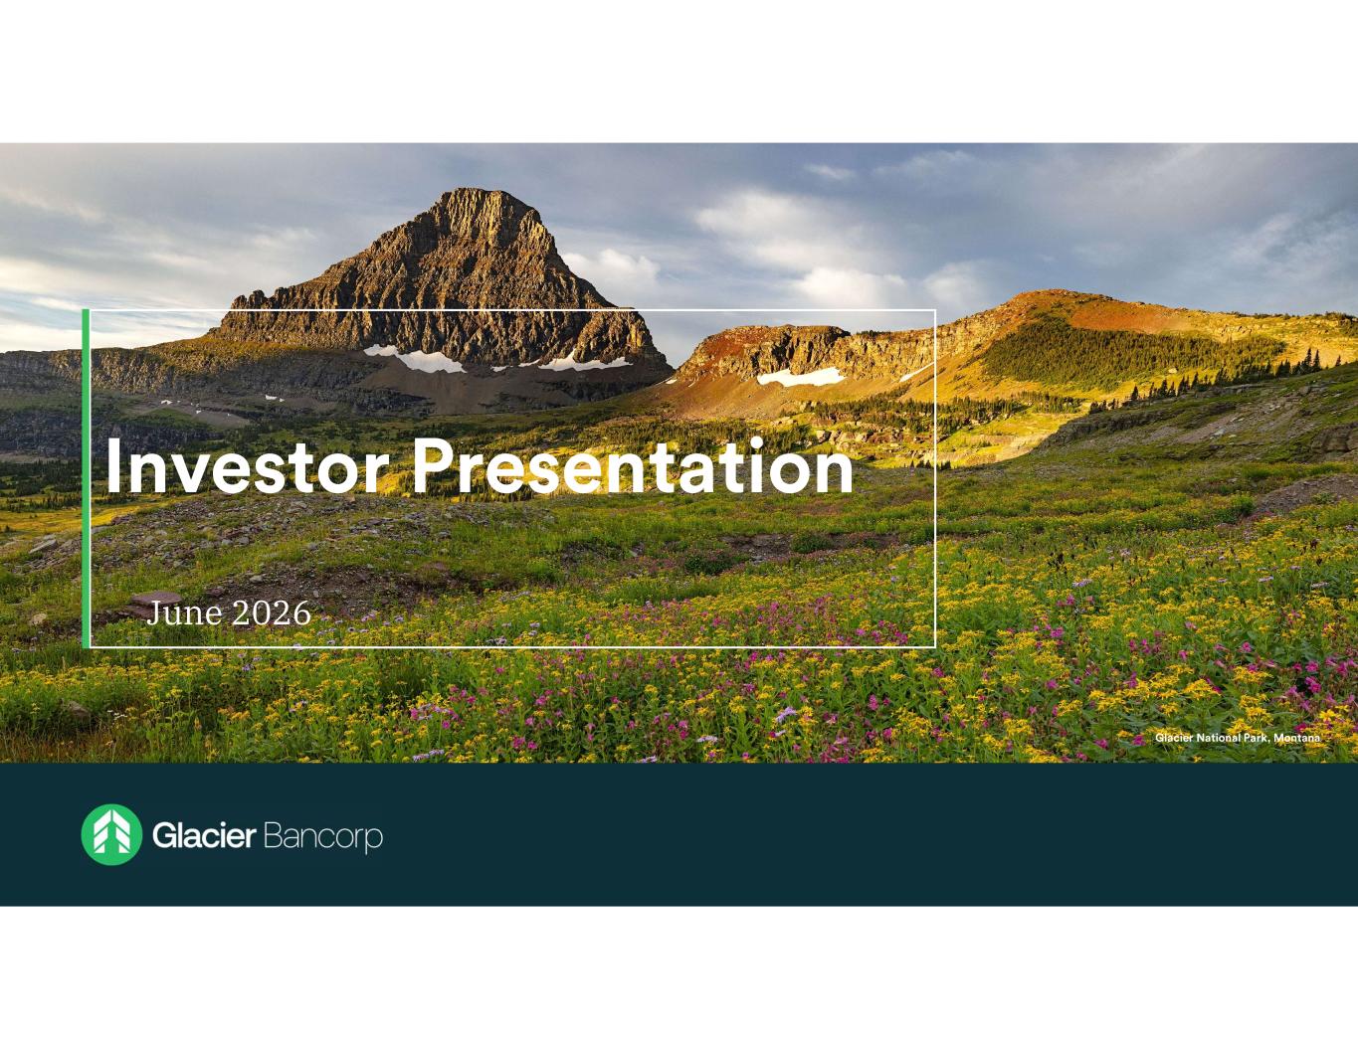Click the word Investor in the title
point(248,465)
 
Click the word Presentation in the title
point(633,465)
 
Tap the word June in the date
point(184,613)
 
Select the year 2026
point(272,613)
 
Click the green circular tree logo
point(111,835)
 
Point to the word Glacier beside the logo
point(204,835)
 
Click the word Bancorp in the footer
point(323,837)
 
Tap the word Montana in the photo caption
point(1297,738)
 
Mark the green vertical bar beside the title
point(86,478)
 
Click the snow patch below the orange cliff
point(801,377)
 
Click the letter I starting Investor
point(112,465)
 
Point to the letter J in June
point(153,614)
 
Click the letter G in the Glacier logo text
point(165,836)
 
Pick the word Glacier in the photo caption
point(1174,738)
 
